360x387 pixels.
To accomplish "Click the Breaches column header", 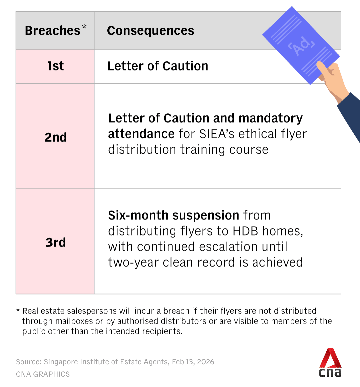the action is pos(53,31).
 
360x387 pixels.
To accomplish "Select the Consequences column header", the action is pos(150,31).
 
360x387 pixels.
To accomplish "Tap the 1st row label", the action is pos(56,66).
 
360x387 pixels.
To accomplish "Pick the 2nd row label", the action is pos(56,137).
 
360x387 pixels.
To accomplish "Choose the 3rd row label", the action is pos(56,242).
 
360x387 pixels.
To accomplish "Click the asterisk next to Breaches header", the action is pos(84,26).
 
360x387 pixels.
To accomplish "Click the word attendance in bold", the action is pos(141,134).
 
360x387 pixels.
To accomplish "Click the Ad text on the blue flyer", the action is pos(301,46).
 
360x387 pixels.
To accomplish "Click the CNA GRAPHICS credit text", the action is pos(43,374).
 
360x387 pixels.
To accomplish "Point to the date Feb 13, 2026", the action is pos(193,362).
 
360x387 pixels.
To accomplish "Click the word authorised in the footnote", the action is pos(133,321).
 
